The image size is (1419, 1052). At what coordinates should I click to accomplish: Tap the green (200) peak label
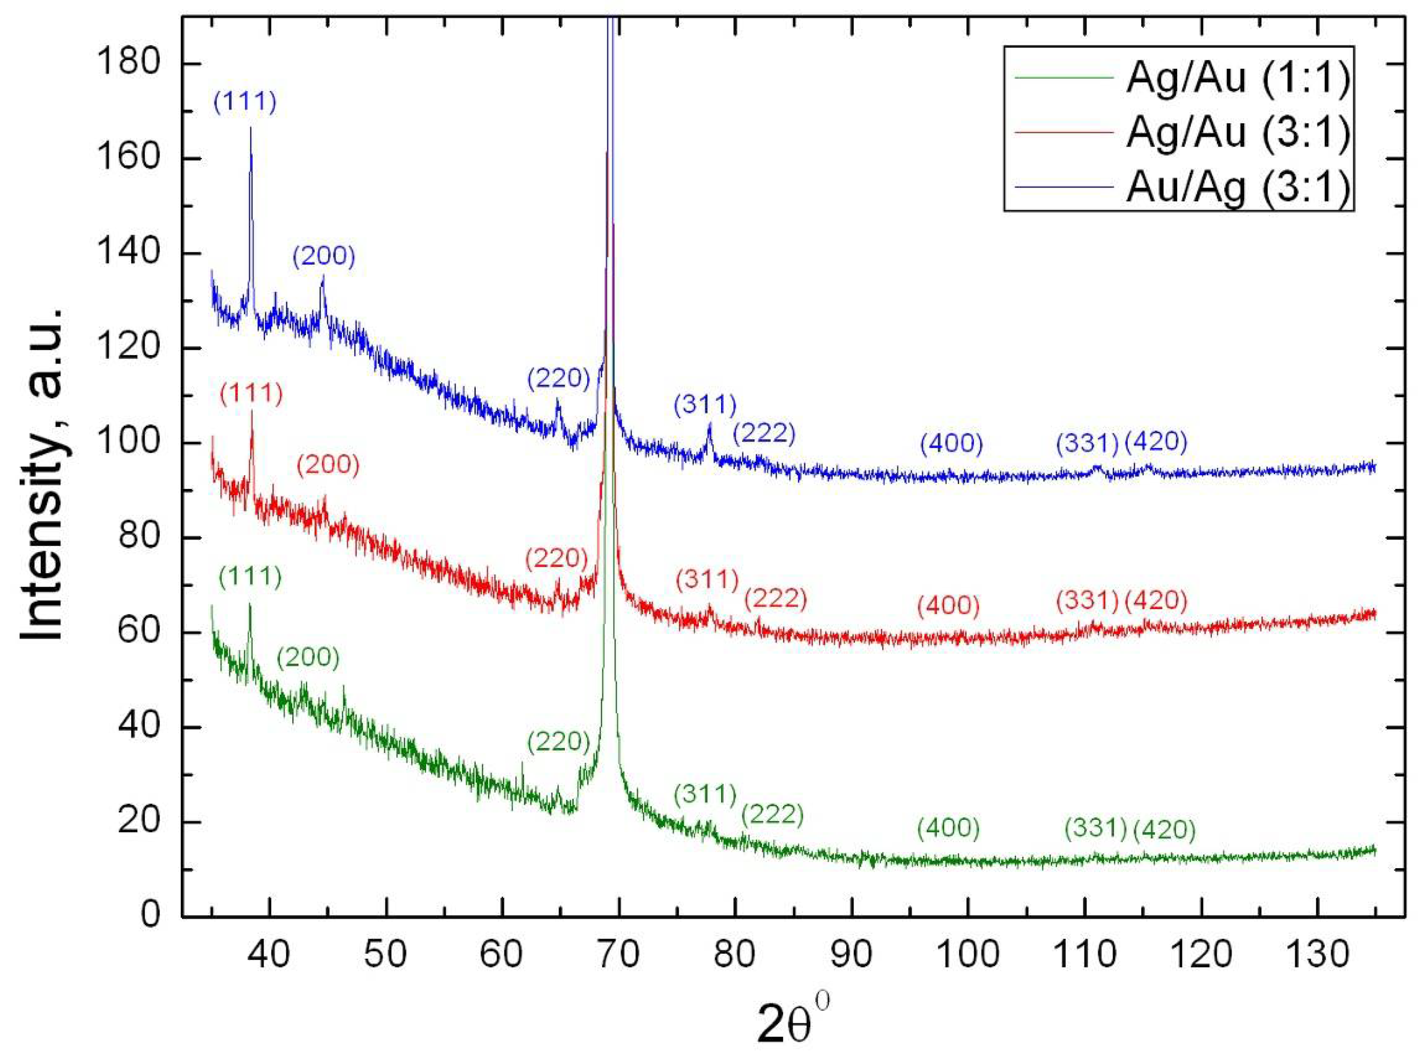(x=308, y=658)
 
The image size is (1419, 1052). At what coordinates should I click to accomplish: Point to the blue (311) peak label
(x=705, y=404)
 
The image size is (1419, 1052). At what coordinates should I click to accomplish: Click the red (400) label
(x=948, y=605)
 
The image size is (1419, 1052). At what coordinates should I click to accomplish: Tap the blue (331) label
(x=1087, y=444)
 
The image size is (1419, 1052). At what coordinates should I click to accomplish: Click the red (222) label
(x=776, y=599)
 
